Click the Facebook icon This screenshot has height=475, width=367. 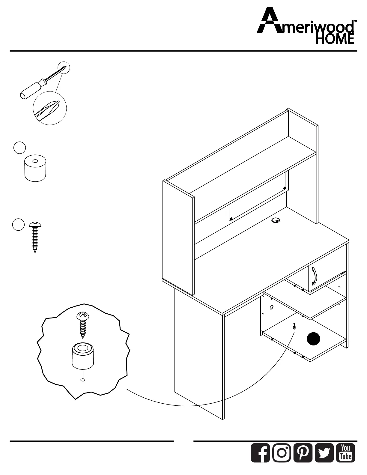tap(260, 453)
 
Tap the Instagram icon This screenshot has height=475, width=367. tap(282, 453)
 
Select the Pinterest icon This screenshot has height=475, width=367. tap(303, 453)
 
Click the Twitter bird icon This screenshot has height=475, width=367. tap(324, 453)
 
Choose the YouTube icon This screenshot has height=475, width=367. tap(346, 453)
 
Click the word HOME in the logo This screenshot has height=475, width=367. tap(335, 39)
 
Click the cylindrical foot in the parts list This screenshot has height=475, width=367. tap(35, 169)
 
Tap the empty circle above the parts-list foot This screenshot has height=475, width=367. tap(19, 148)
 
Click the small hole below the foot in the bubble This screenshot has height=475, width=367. tap(83, 380)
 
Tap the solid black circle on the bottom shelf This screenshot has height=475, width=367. tap(313, 339)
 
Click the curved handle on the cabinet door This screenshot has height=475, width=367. tap(313, 276)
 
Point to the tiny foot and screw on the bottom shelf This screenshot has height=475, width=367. tap(294, 326)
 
